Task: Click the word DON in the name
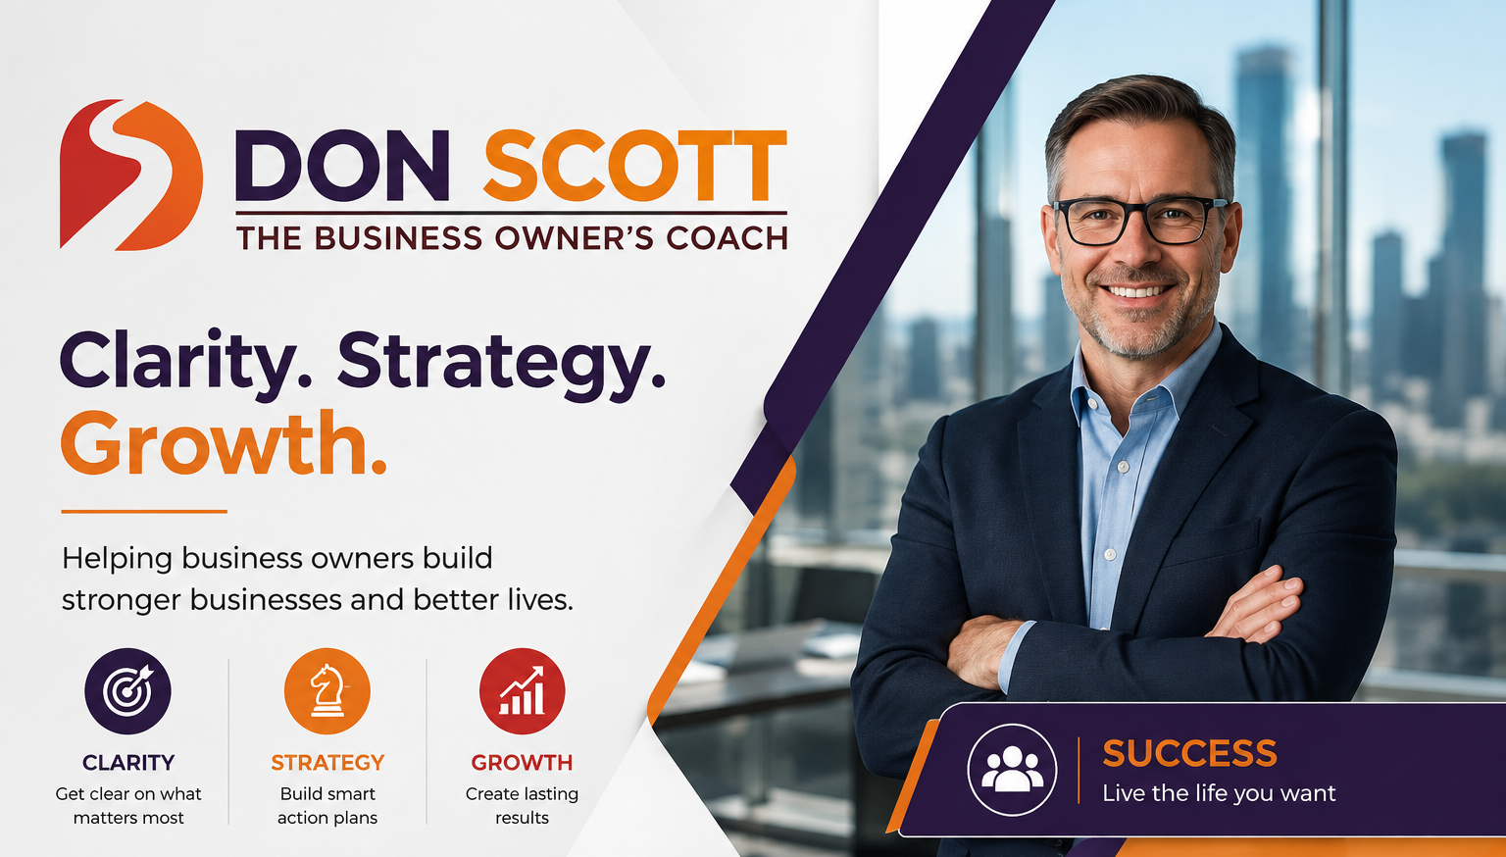click(x=342, y=166)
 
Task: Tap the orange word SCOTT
click(x=635, y=166)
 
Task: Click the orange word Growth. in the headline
click(x=224, y=443)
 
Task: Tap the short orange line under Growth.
click(x=144, y=512)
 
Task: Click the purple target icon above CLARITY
click(x=127, y=691)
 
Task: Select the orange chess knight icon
click(x=327, y=691)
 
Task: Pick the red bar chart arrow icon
click(x=522, y=691)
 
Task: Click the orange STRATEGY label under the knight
click(x=327, y=763)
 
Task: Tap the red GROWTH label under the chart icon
click(x=522, y=763)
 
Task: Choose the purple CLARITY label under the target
click(x=128, y=763)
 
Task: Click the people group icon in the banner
click(x=1012, y=771)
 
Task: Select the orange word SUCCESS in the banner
click(x=1189, y=753)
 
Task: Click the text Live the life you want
click(x=1219, y=794)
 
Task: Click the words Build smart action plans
click(x=327, y=806)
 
